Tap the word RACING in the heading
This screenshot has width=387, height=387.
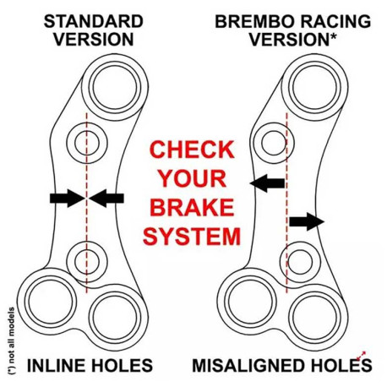click(325, 19)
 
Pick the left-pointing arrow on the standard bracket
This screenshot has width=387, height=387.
click(108, 199)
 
